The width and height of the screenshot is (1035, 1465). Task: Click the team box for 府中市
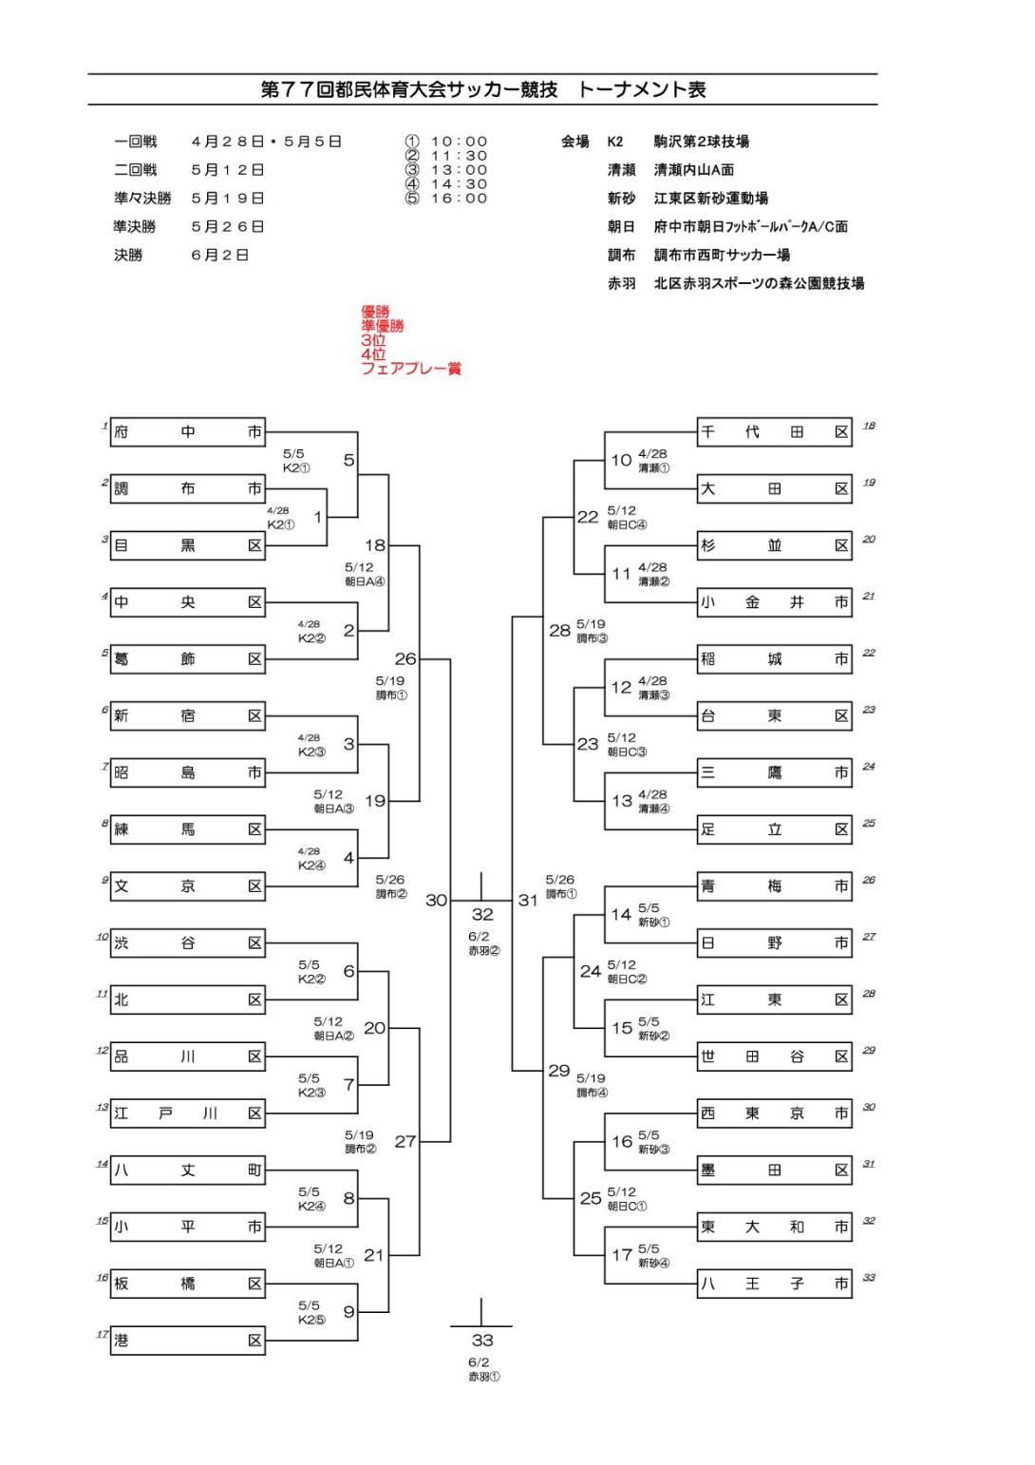tap(187, 432)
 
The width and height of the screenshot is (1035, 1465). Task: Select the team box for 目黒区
tap(187, 545)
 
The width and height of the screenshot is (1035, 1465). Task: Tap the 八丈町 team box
tap(187, 1170)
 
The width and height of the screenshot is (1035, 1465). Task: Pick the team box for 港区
tap(187, 1341)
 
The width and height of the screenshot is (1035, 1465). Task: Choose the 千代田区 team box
tap(774, 432)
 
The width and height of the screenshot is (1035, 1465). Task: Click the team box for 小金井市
tap(774, 602)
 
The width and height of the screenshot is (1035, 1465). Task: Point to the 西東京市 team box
tap(774, 1113)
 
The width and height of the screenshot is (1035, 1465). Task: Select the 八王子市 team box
tap(774, 1284)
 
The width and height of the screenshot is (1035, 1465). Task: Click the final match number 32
tap(482, 914)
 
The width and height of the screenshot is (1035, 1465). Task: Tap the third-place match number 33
tap(482, 1341)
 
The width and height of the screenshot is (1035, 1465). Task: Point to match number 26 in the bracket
tap(405, 658)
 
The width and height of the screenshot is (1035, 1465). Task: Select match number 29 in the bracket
tap(559, 1071)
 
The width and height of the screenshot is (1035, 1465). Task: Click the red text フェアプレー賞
tap(410, 369)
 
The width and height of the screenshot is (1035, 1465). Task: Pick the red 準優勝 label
tap(382, 326)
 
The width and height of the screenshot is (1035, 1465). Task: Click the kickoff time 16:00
tap(459, 199)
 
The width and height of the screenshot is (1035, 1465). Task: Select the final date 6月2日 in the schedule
tap(219, 256)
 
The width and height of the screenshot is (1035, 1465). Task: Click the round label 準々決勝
tap(141, 199)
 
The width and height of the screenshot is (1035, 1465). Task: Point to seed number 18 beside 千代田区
tap(869, 426)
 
